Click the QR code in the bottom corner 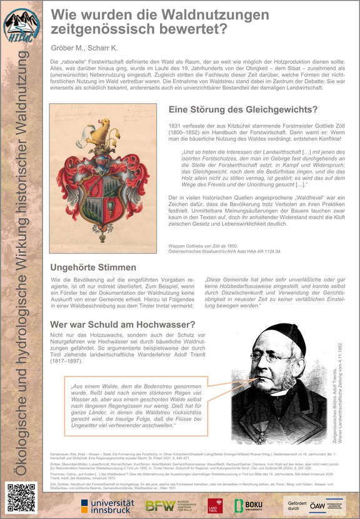point(20,498)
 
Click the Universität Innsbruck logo point(107,505)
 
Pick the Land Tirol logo point(219,505)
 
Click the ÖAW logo point(336,505)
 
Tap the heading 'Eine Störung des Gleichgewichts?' point(243,110)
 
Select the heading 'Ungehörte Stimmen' point(93,267)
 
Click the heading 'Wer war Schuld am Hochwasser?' point(122,324)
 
